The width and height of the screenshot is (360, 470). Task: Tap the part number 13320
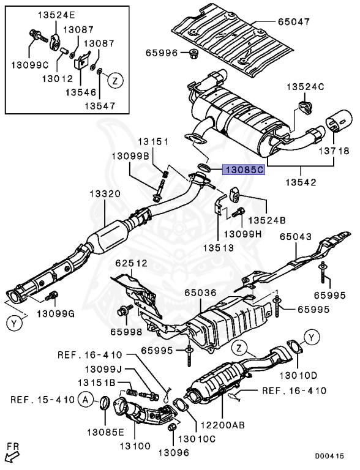106,194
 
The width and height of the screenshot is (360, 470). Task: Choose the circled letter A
86,400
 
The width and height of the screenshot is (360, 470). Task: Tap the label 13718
334,151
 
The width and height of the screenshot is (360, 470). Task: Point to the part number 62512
130,264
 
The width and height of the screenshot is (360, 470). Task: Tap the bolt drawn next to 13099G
53,296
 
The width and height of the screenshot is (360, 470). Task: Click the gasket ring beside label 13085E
104,403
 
